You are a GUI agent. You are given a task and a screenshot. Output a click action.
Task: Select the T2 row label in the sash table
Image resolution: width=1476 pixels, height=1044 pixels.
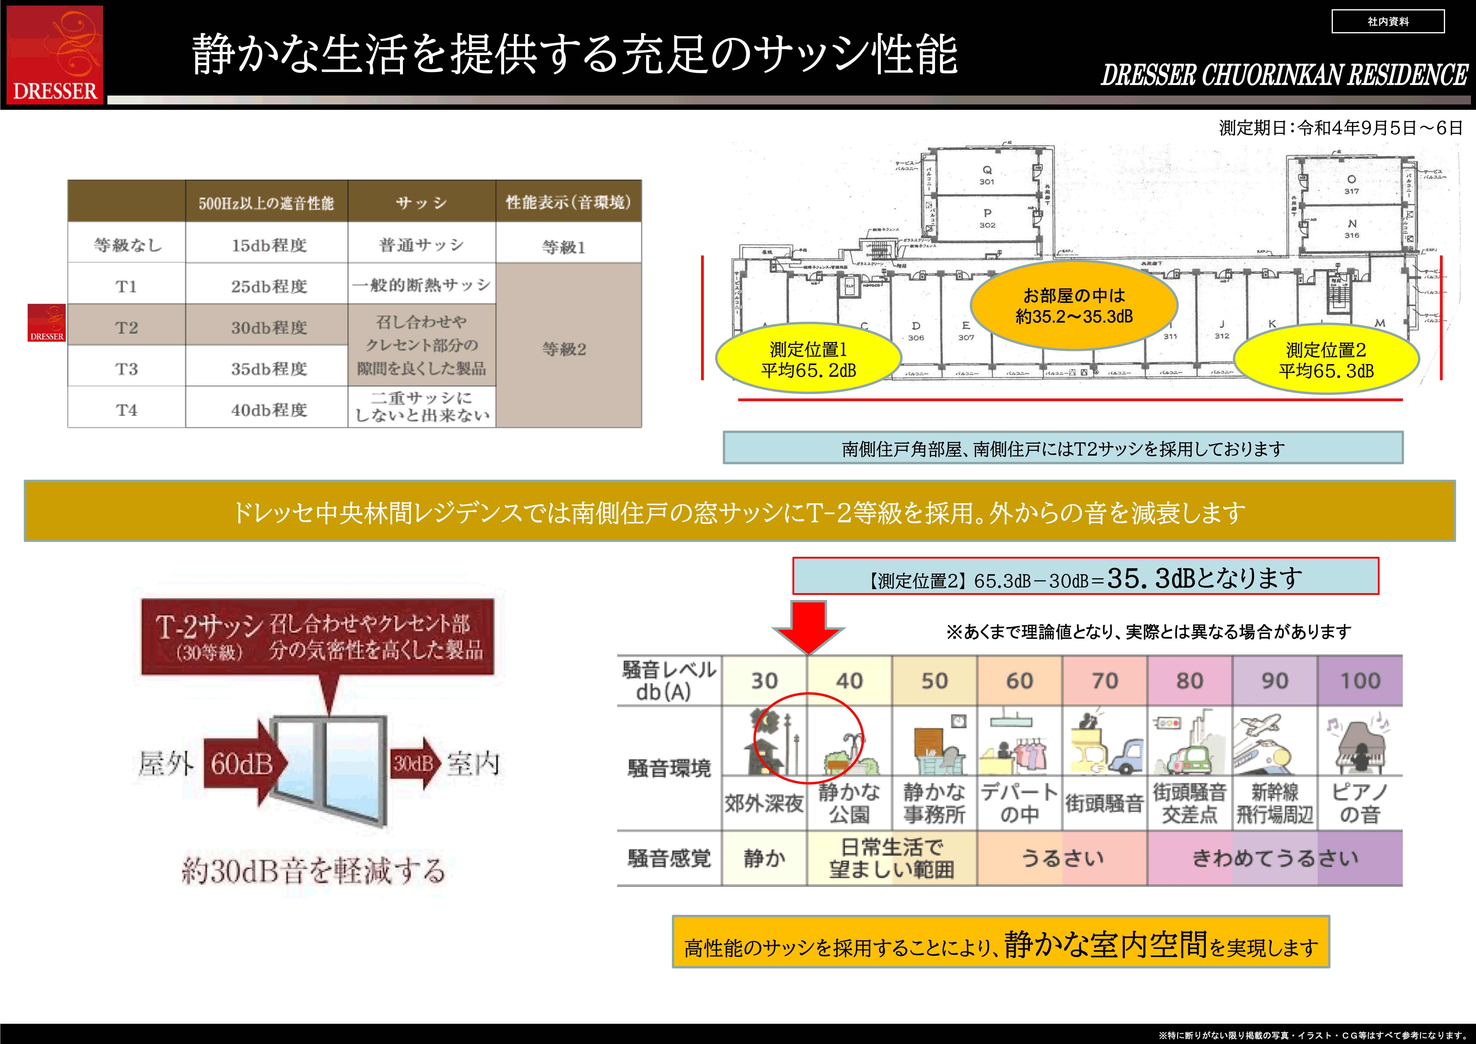tap(127, 327)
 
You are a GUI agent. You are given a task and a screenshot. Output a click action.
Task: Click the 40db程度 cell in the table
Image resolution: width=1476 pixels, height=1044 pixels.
tap(269, 410)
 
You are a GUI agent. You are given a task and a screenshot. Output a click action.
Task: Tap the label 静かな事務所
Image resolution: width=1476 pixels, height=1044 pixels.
tap(934, 803)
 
